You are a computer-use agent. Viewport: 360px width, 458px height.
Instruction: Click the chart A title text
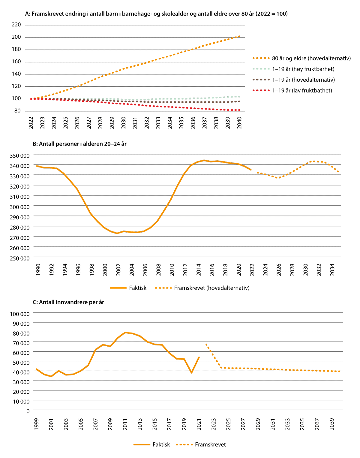point(156,14)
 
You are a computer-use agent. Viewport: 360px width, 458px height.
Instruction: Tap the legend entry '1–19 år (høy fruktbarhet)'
point(303,69)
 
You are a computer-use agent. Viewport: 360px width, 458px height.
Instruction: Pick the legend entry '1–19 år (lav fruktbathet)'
point(302,91)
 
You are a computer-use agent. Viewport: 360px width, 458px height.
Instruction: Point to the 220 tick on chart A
point(16,25)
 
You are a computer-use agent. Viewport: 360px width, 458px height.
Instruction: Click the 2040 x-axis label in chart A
point(239,123)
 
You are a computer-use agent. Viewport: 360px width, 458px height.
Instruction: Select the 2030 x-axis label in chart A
point(124,123)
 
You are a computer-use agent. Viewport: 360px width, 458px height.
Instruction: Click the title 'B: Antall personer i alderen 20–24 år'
point(79,144)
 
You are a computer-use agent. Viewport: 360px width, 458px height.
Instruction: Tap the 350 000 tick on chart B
point(20,156)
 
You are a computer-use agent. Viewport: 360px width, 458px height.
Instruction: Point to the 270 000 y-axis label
point(20,238)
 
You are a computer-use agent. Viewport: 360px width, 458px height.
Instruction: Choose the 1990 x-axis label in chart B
point(38,269)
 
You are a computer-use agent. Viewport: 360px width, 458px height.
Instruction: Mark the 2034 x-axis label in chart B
point(332,269)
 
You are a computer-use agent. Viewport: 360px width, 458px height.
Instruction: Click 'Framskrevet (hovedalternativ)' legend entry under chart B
point(211,288)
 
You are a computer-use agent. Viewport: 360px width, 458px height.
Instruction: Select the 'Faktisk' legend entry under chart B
point(138,288)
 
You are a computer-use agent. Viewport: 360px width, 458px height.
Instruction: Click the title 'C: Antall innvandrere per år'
point(68,302)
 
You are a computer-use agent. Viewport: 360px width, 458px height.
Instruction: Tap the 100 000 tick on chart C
point(20,314)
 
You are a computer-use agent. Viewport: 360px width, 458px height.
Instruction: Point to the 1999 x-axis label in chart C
point(36,424)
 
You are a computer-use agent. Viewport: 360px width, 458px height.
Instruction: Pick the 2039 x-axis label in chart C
point(332,424)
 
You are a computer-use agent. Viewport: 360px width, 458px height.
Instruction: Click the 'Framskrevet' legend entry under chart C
point(210,444)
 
